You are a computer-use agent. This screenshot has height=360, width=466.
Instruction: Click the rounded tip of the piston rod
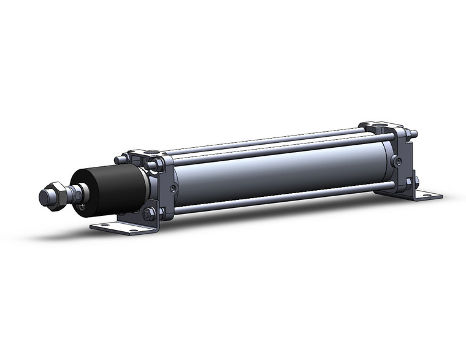click(x=44, y=197)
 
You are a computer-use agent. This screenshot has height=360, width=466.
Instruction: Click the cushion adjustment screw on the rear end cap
click(x=399, y=161)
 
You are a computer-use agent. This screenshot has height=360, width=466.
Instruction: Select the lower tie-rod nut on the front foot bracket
click(x=149, y=215)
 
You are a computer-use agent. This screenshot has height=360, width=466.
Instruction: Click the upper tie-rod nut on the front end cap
click(x=154, y=164)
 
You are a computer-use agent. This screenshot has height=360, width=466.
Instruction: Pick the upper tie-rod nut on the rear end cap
click(x=405, y=134)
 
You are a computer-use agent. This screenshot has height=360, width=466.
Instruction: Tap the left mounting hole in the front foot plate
click(x=102, y=226)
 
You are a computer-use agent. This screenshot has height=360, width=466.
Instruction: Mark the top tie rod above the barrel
click(x=264, y=140)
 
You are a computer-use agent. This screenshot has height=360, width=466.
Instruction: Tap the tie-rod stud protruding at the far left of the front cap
click(x=118, y=159)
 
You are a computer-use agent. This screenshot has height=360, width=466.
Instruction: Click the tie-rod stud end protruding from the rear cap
click(x=415, y=133)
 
